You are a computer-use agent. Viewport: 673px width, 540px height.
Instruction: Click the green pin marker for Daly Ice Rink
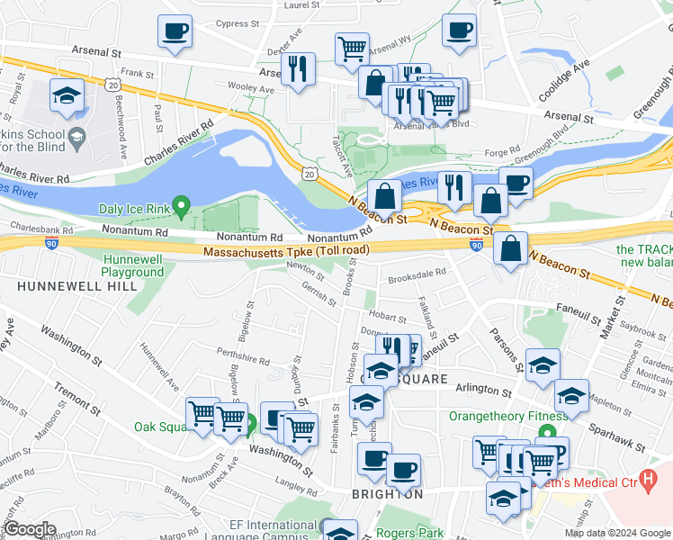(181, 208)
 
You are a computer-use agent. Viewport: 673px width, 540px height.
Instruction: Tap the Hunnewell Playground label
(132, 265)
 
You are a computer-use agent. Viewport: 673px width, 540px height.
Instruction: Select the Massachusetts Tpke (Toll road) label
(286, 251)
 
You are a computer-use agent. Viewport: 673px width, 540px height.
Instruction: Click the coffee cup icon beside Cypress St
(175, 31)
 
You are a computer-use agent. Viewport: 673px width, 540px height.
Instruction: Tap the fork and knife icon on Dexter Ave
(298, 67)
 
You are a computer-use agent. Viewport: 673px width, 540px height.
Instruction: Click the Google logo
(31, 529)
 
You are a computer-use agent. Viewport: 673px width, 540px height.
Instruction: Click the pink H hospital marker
(644, 480)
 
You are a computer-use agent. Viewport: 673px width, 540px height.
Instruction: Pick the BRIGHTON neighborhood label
(388, 495)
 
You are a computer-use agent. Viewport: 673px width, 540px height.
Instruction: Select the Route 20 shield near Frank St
(112, 83)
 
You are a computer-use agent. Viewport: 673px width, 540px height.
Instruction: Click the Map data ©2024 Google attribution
(617, 533)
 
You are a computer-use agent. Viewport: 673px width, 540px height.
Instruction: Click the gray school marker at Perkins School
(76, 138)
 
